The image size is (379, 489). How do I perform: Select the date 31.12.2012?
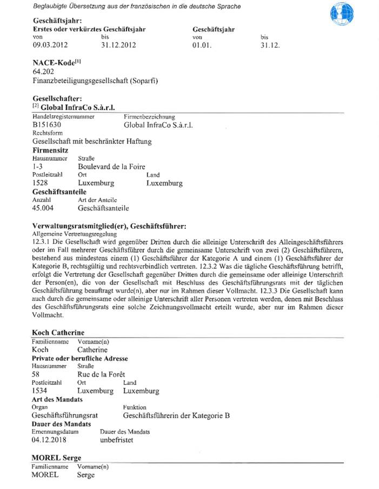(119, 45)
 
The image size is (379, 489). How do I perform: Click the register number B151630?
(47, 124)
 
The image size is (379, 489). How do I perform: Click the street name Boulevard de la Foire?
(111, 166)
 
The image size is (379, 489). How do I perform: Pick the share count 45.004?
(45, 208)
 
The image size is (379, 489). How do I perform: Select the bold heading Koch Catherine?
(58, 332)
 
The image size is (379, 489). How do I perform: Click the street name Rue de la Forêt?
(101, 374)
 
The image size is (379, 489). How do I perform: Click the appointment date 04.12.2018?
(50, 440)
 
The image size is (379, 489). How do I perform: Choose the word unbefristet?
(117, 440)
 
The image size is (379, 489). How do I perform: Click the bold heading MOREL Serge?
(56, 458)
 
